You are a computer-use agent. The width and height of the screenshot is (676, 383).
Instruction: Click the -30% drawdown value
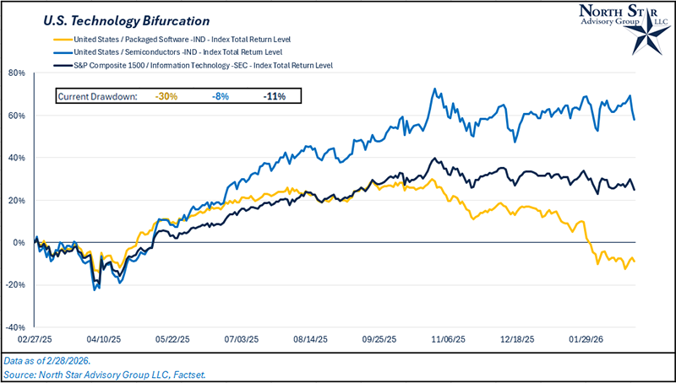click(166, 97)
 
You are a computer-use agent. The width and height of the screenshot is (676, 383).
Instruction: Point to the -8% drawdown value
click(221, 97)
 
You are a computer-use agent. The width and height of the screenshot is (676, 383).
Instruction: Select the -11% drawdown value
click(274, 97)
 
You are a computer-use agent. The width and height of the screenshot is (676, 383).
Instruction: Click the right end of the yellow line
click(635, 261)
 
